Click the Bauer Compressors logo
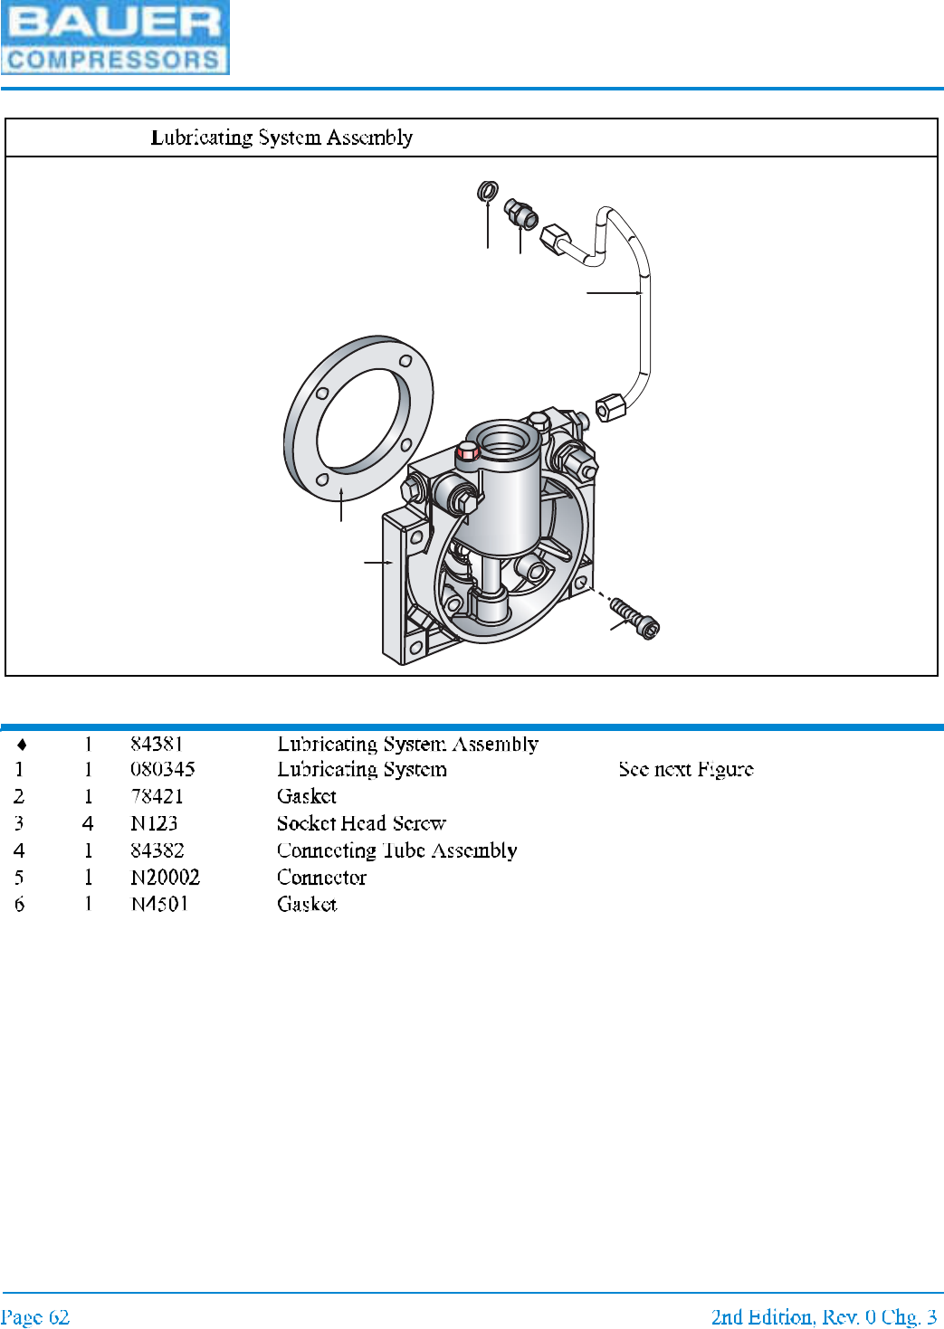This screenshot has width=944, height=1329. tap(115, 37)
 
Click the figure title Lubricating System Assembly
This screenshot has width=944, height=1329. tap(281, 138)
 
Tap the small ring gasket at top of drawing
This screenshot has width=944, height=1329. tap(488, 191)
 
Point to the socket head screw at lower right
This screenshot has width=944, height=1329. tap(635, 617)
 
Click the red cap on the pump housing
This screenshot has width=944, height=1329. tap(468, 451)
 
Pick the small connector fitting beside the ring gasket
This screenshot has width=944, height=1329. tap(522, 214)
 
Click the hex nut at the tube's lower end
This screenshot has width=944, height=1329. tap(611, 406)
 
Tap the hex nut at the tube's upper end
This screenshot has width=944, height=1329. tap(554, 241)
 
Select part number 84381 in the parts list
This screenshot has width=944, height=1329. tap(157, 744)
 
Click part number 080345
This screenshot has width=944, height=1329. tap(163, 769)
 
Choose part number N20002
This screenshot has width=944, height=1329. tap(165, 877)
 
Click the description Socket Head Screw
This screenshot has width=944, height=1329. tap(361, 823)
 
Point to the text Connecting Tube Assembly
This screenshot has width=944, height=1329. tap(396, 850)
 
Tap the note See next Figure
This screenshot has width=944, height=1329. tap(685, 769)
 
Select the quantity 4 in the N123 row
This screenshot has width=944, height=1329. tap(88, 823)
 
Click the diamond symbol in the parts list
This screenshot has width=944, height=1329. tap(22, 745)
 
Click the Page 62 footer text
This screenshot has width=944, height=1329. tap(35, 1316)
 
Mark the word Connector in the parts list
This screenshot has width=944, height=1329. tap(321, 877)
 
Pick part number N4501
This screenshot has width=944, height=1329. tap(159, 904)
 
